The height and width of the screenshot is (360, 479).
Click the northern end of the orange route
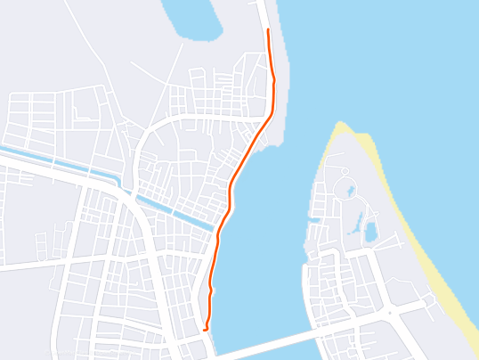(x=268, y=30)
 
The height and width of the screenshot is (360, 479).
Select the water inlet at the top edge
(x=192, y=18)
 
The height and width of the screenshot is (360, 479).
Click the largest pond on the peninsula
(x=370, y=233)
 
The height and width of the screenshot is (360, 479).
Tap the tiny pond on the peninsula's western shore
(x=313, y=218)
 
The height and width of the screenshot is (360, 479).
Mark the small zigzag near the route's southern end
(x=210, y=290)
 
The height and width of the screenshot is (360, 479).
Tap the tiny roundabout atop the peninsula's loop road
(x=344, y=170)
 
